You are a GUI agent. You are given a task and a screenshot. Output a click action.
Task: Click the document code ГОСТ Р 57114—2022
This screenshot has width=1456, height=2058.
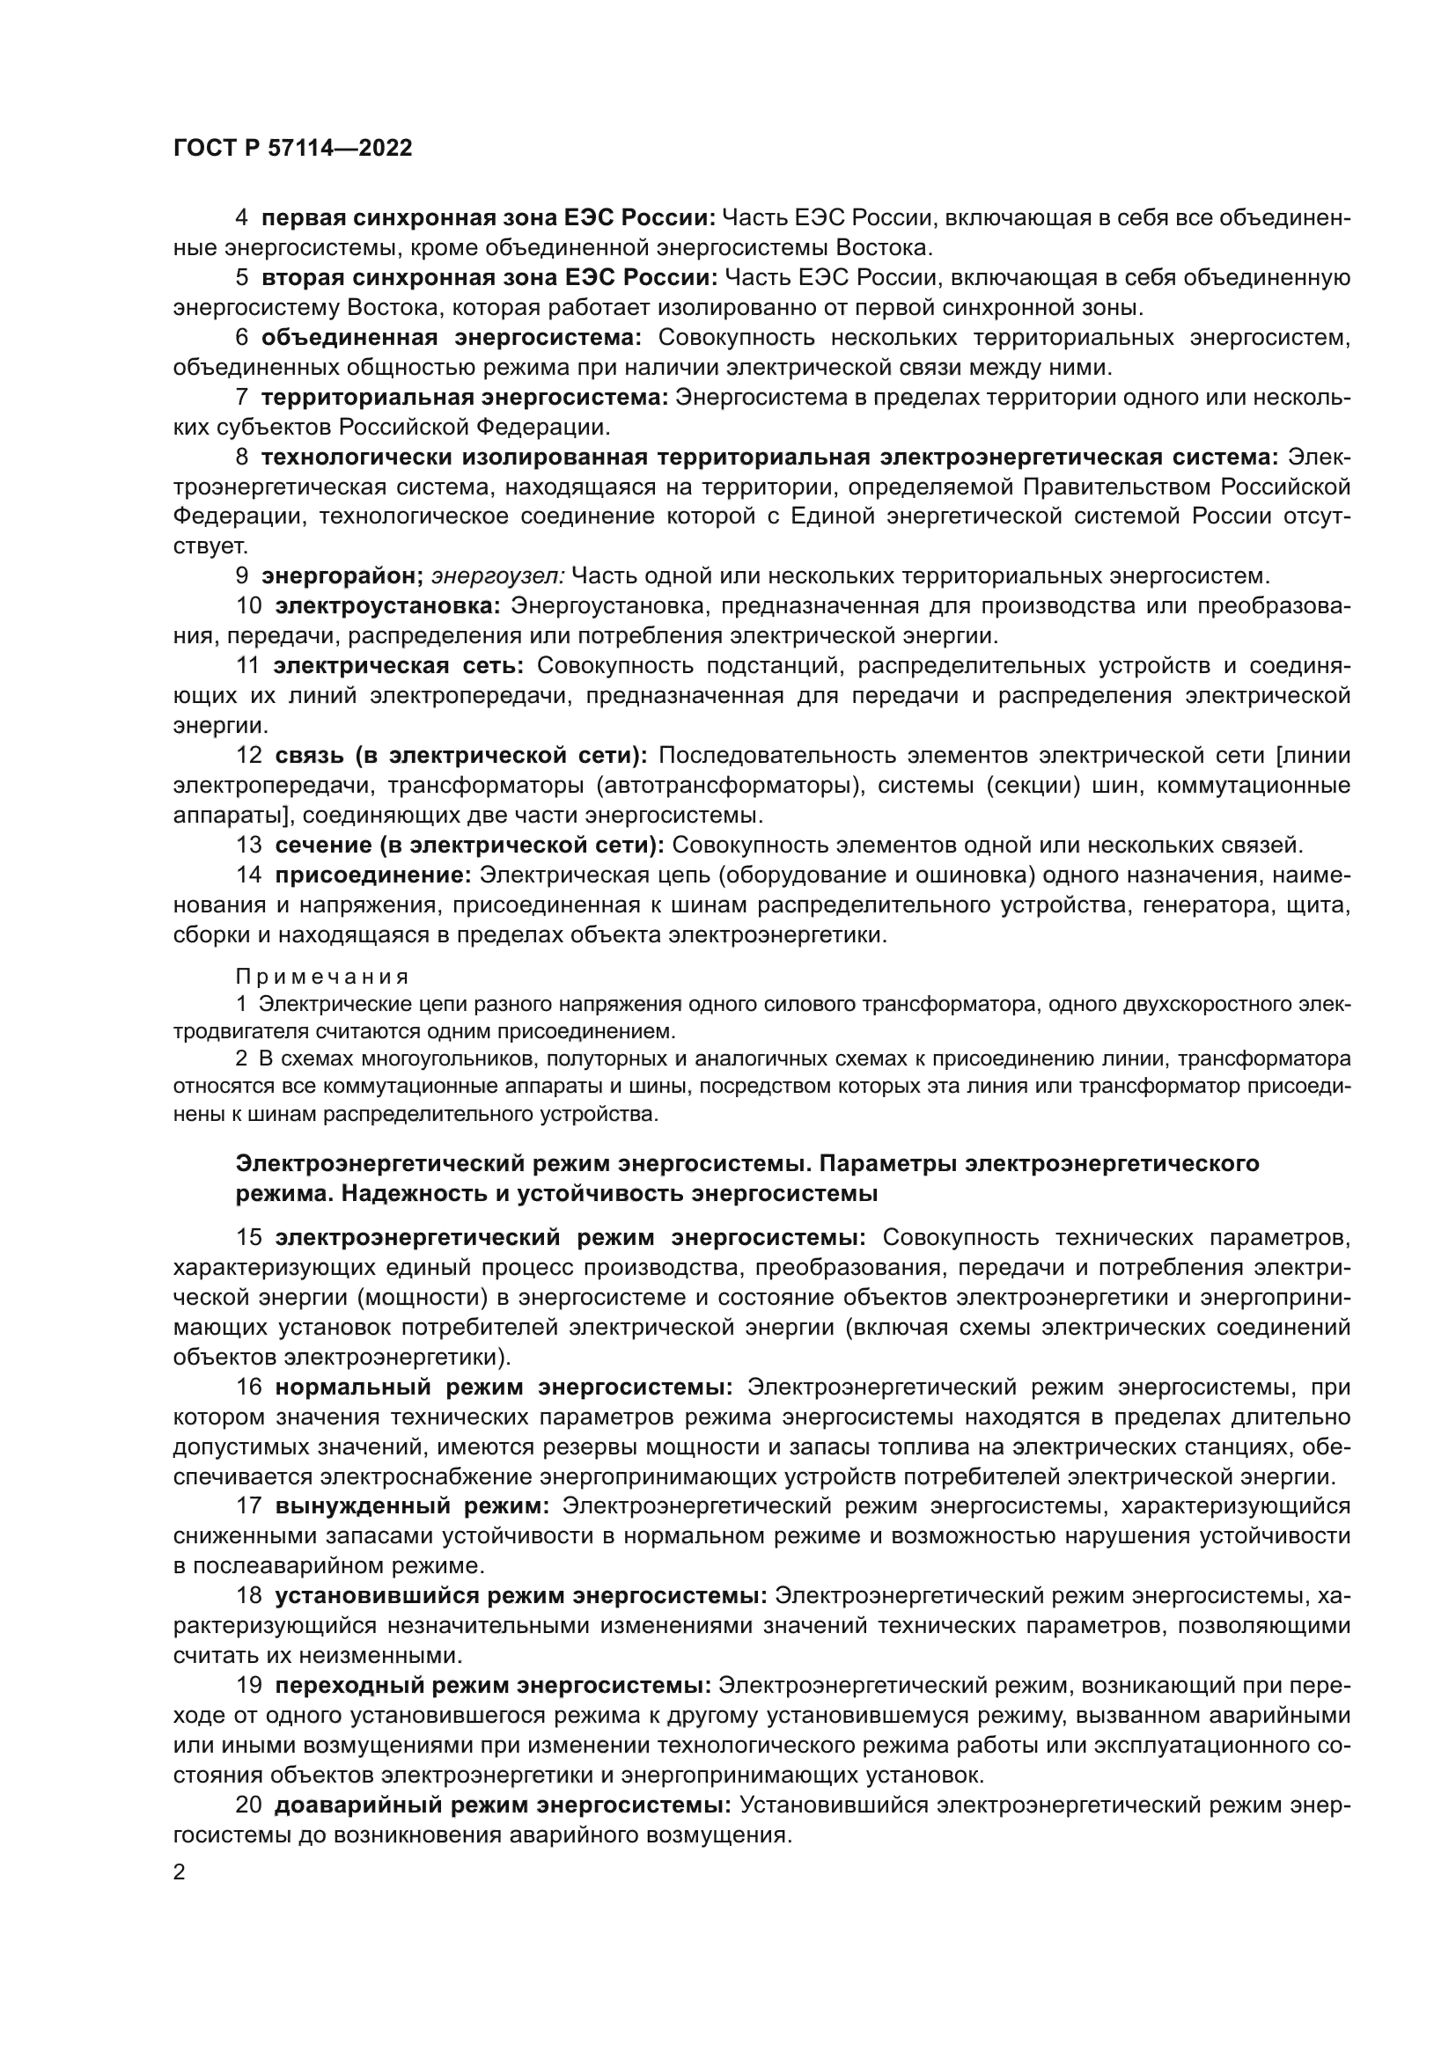[292, 149]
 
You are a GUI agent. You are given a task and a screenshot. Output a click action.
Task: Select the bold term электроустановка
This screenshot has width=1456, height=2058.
[387, 606]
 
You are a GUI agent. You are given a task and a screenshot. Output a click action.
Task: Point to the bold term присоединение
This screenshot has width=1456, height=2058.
[373, 875]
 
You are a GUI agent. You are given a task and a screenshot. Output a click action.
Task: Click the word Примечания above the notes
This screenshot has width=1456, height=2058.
[323, 977]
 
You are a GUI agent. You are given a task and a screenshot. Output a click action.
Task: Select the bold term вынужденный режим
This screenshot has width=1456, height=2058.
[411, 1505]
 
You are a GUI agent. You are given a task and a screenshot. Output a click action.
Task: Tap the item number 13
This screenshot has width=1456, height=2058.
[248, 846]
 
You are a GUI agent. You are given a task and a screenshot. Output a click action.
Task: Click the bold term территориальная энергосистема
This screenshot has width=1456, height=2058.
[465, 397]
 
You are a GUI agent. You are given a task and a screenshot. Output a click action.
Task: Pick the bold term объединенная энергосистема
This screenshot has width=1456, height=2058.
[451, 338]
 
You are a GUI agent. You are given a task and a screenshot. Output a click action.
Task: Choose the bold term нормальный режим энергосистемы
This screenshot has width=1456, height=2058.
[503, 1388]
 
